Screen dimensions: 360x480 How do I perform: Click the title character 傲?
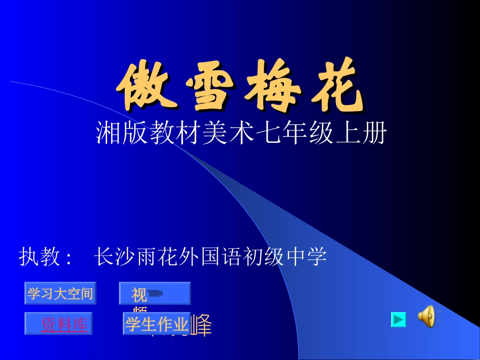pyautogui.click(x=143, y=87)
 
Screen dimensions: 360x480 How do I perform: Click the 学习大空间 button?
pyautogui.click(x=60, y=293)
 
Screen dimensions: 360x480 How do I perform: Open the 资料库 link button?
pyautogui.click(x=64, y=324)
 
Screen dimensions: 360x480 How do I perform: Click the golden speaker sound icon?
pyautogui.click(x=427, y=317)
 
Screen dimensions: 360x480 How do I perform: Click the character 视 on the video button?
pyautogui.click(x=139, y=294)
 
